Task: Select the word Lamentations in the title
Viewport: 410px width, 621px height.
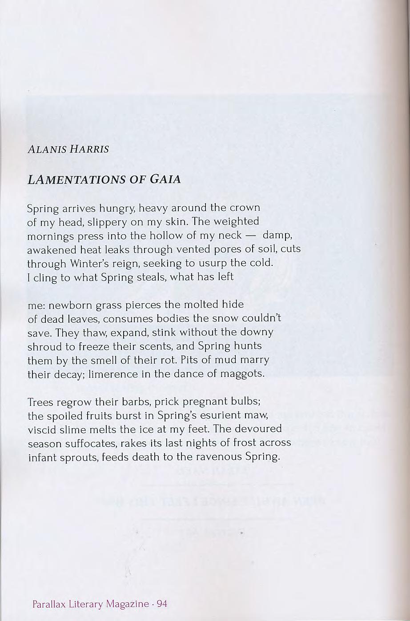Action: tap(76, 180)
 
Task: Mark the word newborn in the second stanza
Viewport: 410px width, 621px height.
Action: tap(68, 305)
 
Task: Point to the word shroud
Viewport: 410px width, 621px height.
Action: tap(43, 346)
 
